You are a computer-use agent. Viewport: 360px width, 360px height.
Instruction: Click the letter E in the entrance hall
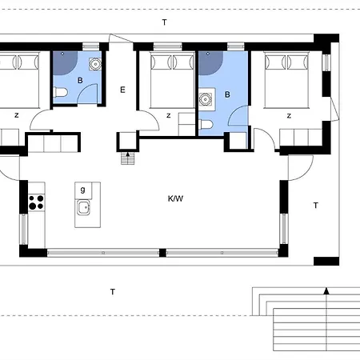point(122,90)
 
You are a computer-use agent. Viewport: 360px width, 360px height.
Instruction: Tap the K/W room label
point(175,198)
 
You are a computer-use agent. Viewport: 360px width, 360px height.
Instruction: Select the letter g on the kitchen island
point(83,190)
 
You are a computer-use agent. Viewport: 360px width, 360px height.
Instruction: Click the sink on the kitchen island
point(84,207)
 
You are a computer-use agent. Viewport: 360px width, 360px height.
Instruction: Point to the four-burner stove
point(36,202)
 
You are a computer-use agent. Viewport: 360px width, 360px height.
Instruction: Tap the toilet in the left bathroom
point(60,93)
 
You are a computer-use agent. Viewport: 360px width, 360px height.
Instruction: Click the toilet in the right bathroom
point(206,124)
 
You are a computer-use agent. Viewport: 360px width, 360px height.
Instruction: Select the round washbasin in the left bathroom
point(95,64)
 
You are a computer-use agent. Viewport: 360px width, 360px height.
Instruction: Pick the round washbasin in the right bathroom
point(205,99)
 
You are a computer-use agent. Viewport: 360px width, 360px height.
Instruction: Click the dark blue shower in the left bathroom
point(65,63)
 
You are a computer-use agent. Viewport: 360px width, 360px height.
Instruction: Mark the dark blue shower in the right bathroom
point(210,63)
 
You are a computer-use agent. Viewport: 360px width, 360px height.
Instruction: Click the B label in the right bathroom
point(227,94)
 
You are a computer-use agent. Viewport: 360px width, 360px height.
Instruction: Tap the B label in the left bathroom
point(80,80)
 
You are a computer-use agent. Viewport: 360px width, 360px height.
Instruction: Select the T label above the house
point(165,22)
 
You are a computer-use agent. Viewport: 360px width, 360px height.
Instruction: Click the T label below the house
point(113,292)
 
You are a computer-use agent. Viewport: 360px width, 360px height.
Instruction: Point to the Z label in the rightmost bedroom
point(289,116)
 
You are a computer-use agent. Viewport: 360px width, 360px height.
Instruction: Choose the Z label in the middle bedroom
point(169,116)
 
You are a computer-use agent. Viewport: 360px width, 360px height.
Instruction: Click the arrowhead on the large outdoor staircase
point(326,291)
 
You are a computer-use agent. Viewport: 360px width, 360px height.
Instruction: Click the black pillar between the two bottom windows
point(162,253)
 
